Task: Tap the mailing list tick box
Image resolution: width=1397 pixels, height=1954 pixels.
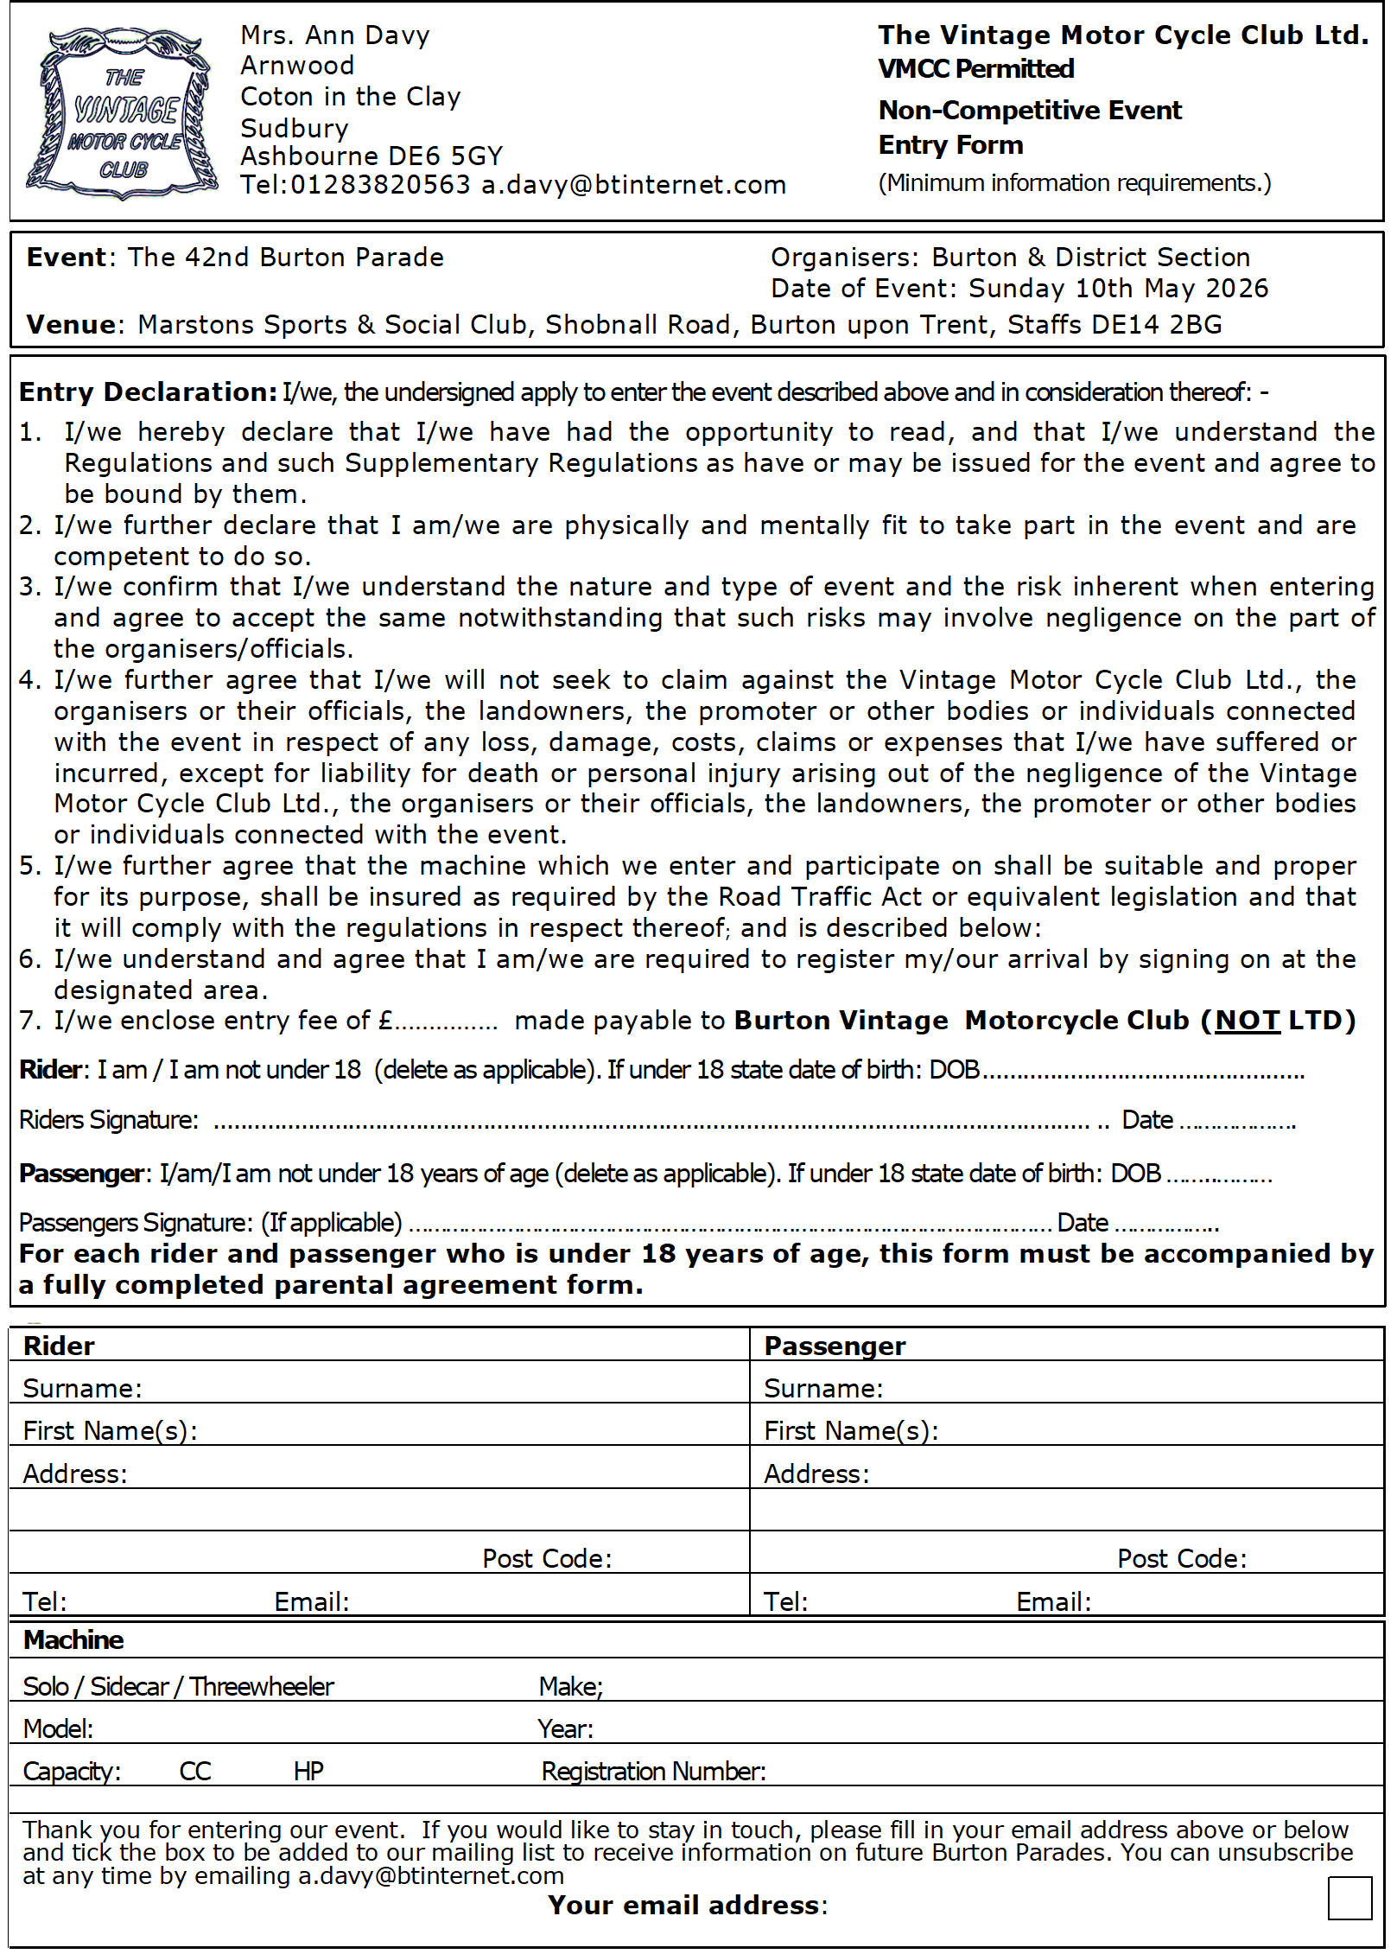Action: [x=1349, y=1898]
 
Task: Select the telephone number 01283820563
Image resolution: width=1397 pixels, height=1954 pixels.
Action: [x=380, y=185]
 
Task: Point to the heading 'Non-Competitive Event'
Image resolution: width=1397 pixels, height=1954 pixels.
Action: [x=1030, y=111]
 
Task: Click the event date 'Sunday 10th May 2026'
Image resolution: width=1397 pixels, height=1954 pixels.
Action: [x=1118, y=289]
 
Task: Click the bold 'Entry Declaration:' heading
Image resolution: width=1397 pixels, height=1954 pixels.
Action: [x=148, y=392]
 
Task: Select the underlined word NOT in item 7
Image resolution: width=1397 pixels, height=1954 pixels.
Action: [x=1247, y=1021]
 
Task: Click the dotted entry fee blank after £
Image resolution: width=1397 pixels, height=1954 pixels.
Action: [x=446, y=1024]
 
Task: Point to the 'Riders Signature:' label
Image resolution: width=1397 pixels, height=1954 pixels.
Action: [x=109, y=1120]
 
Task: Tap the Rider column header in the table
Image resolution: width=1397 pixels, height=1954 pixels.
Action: [x=59, y=1346]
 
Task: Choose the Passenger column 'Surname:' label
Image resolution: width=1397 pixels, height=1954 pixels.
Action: [x=823, y=1389]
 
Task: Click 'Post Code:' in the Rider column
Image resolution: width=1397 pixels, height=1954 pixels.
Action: [x=547, y=1559]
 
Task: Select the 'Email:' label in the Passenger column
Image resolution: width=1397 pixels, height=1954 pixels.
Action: [x=1053, y=1602]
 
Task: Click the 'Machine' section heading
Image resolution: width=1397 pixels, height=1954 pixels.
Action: [x=73, y=1640]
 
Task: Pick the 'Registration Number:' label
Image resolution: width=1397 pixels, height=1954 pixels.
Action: [x=653, y=1772]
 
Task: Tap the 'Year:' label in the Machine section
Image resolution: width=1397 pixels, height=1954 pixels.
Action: [x=565, y=1729]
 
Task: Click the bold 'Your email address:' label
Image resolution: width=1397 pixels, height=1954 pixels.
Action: [x=688, y=1906]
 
